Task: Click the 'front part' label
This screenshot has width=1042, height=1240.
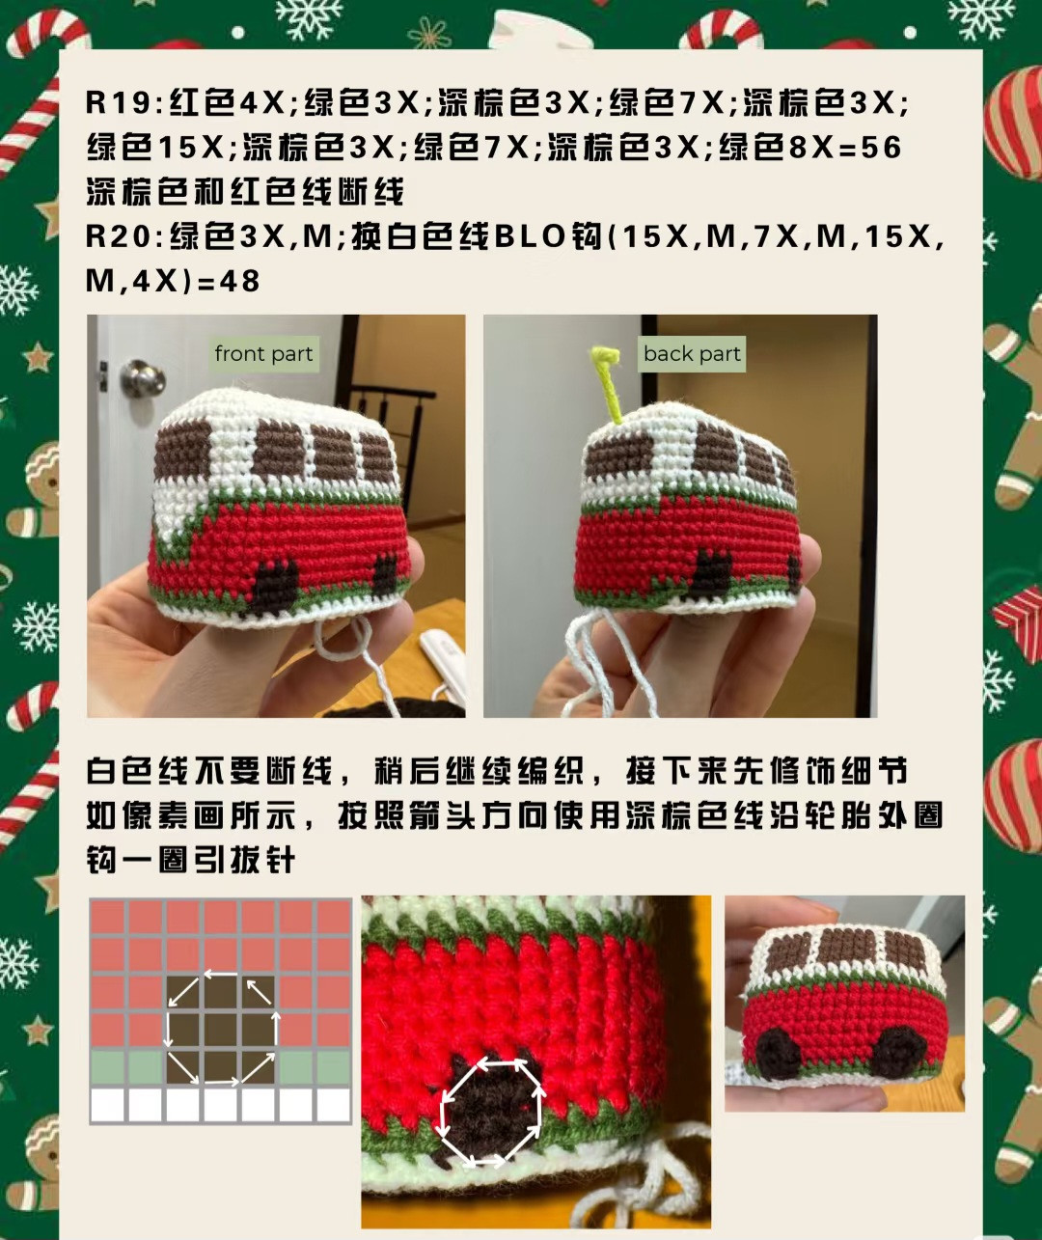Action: click(x=263, y=354)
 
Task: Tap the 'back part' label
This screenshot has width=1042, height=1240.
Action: click(x=692, y=354)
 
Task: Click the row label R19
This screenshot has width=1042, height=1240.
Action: click(x=119, y=102)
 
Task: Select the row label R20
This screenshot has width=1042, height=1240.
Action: click(x=119, y=235)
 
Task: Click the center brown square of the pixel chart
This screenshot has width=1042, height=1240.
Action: click(x=221, y=1030)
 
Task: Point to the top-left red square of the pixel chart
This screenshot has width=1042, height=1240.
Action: click(x=107, y=917)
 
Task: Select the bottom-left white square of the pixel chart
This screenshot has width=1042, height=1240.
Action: click(x=107, y=1104)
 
